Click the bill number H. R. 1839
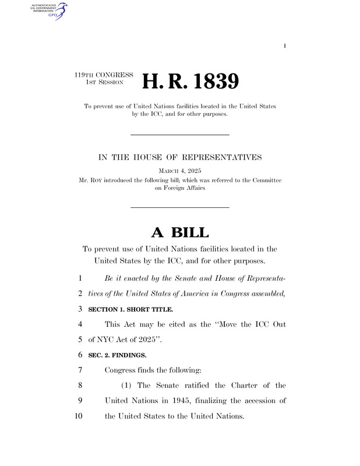coord(191,82)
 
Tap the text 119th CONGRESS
coord(104,75)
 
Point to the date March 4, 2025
coord(179,171)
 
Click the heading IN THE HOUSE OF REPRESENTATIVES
coord(179,157)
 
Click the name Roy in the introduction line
coord(103,181)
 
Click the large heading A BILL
coord(179,232)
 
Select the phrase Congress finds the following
coord(152,370)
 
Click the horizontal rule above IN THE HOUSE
coord(179,135)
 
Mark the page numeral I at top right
coord(285,45)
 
